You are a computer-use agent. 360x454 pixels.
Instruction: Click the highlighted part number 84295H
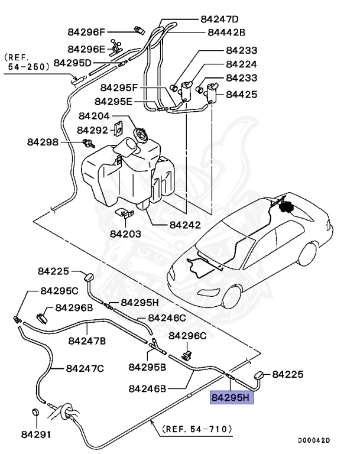click(x=232, y=398)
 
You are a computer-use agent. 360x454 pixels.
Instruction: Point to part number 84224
click(x=241, y=64)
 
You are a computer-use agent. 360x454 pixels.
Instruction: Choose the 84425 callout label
click(x=241, y=93)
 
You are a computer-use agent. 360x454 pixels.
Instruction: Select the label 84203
click(x=125, y=234)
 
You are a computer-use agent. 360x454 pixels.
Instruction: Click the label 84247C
click(x=85, y=368)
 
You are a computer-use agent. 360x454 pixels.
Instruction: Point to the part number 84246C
click(x=167, y=317)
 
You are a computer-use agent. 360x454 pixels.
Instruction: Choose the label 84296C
click(x=187, y=335)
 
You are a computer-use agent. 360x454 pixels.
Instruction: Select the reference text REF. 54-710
click(x=197, y=428)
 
